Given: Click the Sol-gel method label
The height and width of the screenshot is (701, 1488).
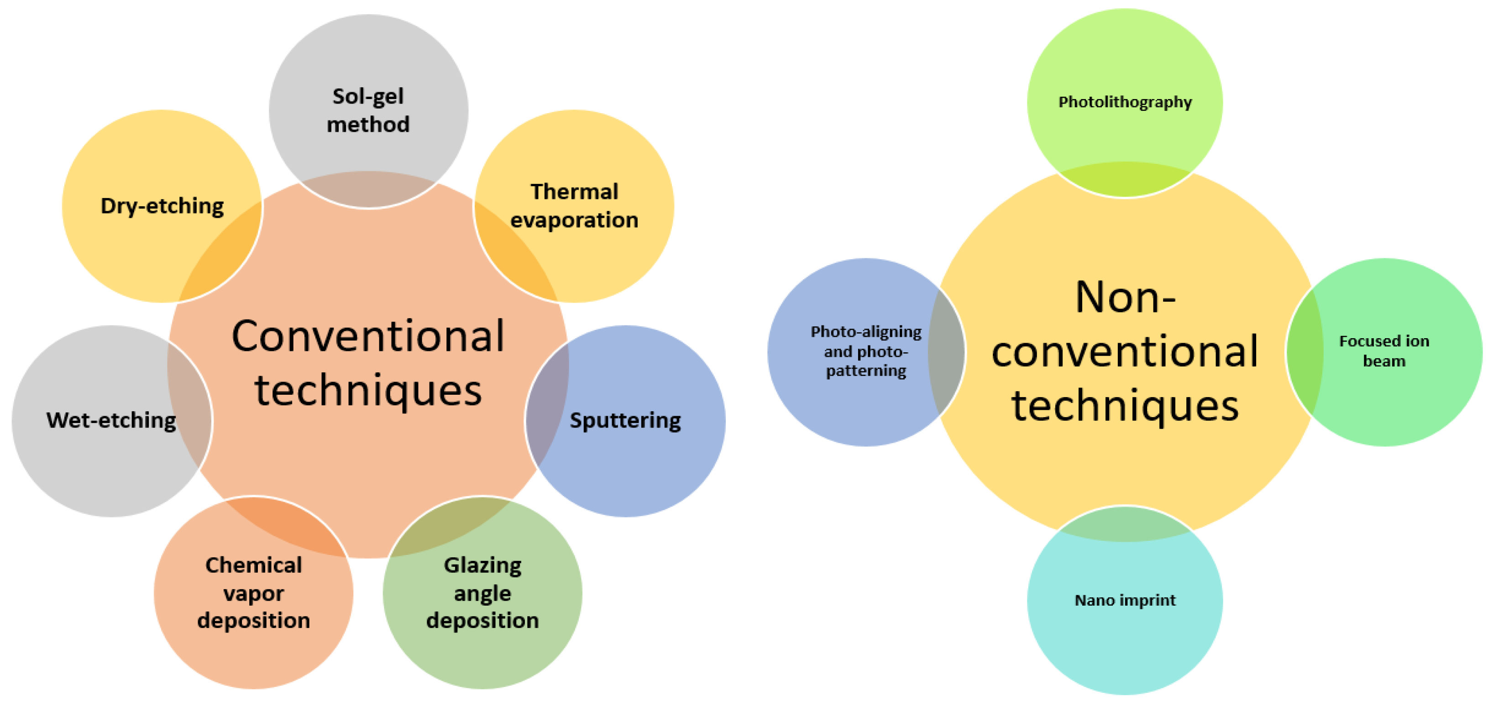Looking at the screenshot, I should click(x=368, y=110).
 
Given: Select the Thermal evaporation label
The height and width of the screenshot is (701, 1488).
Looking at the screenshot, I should click(x=574, y=205).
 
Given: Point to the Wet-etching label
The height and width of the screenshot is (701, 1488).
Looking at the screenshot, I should click(x=111, y=420).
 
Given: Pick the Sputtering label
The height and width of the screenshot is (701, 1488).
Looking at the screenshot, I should click(x=625, y=420).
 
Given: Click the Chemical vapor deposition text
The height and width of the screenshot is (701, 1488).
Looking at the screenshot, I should click(x=254, y=592).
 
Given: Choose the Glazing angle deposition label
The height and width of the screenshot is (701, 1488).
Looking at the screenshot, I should click(x=482, y=592).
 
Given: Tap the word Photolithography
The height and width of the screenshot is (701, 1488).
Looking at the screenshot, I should click(x=1125, y=102).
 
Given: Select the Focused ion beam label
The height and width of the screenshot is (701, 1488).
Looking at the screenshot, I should click(x=1384, y=351).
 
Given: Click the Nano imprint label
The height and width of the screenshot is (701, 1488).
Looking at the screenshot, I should click(x=1125, y=601).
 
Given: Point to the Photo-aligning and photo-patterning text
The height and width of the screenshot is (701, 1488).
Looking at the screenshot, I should click(x=866, y=351).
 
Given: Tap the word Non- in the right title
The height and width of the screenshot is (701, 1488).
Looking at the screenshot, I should click(x=1125, y=298).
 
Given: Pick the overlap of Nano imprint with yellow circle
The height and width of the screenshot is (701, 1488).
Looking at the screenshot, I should click(x=1125, y=524).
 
